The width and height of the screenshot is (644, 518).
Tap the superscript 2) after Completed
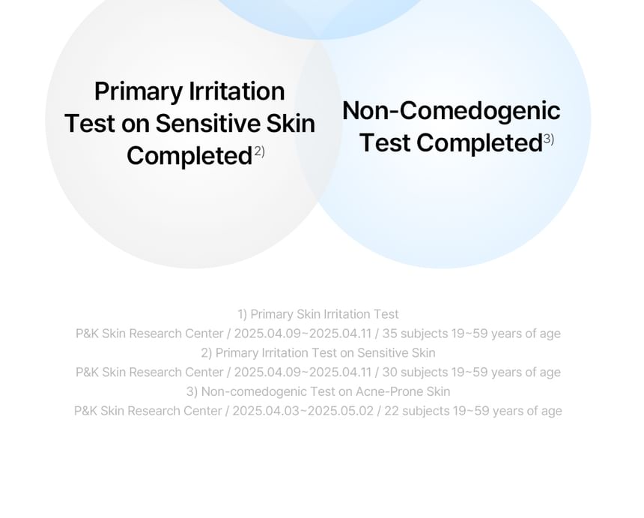coord(259,151)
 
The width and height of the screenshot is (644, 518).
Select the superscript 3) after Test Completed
coord(549,139)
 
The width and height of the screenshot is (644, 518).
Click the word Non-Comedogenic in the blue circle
coord(451,111)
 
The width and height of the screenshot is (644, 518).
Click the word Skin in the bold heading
coord(291,124)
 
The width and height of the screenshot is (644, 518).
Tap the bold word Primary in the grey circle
coord(139,92)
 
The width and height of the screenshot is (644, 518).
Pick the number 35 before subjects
coord(389,334)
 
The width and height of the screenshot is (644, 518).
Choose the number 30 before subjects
coord(389,372)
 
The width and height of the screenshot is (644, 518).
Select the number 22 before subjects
coord(392,411)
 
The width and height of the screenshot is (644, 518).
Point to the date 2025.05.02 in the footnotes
coord(341,411)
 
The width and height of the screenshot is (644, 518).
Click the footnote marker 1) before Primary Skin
coord(243,314)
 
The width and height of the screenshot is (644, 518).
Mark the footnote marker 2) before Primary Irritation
coord(206,353)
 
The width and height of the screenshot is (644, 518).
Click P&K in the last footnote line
coord(85,411)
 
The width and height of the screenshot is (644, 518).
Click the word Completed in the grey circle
coord(189,156)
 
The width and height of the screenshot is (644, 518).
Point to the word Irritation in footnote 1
coord(347,314)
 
